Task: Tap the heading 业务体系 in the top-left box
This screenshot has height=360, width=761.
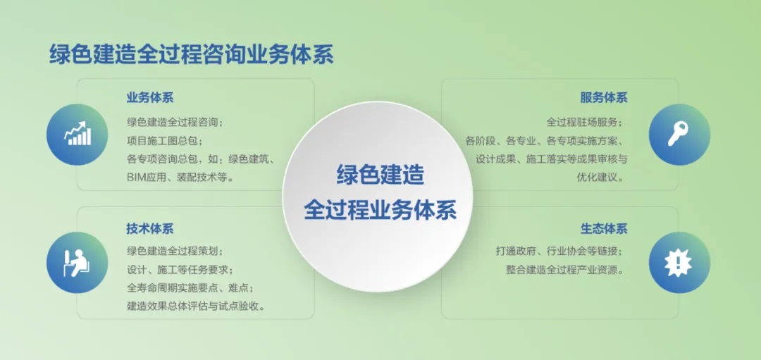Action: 150,97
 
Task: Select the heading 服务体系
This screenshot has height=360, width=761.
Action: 604,97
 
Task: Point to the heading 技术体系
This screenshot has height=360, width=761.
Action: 150,228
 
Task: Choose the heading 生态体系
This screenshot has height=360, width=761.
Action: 604,228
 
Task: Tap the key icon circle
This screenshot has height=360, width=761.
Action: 679,135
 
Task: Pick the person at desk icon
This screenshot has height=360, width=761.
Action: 78,263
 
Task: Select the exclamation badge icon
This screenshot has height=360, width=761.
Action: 679,263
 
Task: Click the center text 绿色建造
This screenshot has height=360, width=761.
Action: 380,175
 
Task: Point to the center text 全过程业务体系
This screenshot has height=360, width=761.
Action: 380,210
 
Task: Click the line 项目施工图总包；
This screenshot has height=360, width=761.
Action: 165,141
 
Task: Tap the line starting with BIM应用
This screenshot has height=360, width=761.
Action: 181,177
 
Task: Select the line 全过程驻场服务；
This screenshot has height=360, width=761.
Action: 584,123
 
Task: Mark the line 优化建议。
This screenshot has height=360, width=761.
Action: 600,177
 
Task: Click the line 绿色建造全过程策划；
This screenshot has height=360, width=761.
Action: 175,252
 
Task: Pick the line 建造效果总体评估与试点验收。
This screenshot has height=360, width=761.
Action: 196,306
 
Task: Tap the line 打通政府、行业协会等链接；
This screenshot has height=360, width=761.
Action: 559,252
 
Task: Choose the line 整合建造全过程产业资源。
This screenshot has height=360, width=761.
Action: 564,270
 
